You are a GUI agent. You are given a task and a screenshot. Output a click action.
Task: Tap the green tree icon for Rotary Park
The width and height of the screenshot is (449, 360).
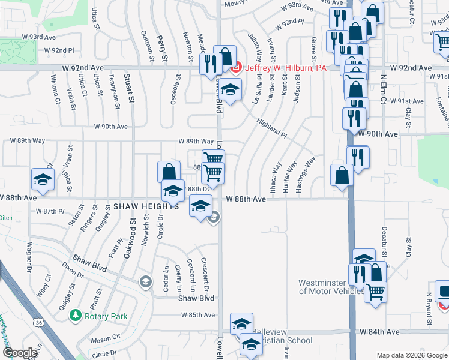[x=75, y=314]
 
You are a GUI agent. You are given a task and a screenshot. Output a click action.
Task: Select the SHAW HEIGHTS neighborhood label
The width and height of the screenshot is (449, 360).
[x=146, y=205]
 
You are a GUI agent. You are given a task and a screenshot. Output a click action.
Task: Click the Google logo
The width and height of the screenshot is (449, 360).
[x=20, y=353]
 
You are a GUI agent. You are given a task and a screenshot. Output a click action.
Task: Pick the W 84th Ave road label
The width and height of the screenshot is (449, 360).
[x=379, y=331]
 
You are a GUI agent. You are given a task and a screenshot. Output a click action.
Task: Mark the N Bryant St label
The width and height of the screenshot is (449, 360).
[x=430, y=309]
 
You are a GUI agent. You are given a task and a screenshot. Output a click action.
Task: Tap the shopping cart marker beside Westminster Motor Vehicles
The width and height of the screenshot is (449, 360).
[x=376, y=292]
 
